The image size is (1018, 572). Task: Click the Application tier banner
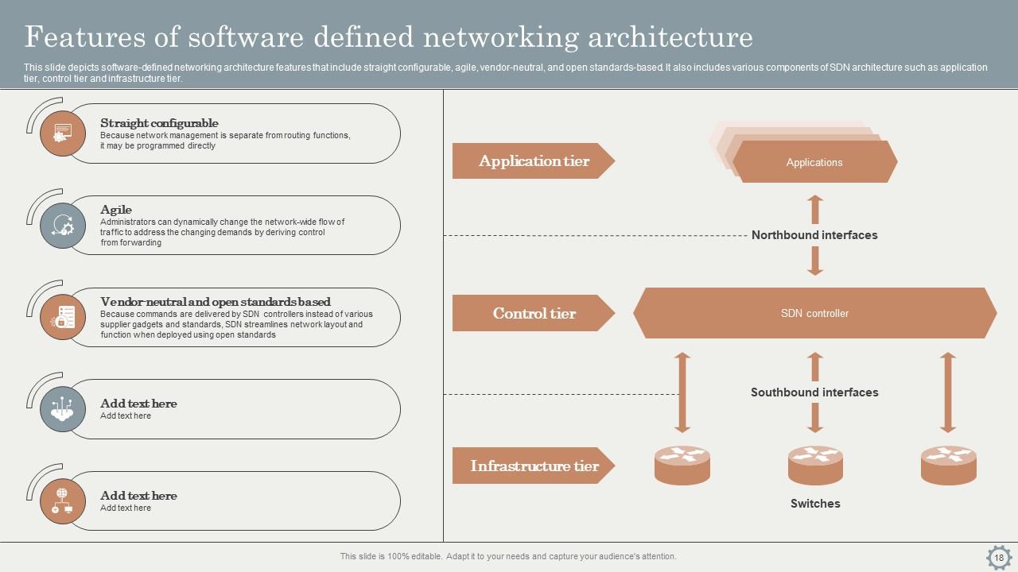(x=533, y=161)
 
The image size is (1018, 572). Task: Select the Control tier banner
(x=533, y=313)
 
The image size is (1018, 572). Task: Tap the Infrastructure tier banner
(x=533, y=466)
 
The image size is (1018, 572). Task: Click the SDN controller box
(x=814, y=313)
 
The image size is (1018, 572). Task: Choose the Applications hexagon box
(x=814, y=162)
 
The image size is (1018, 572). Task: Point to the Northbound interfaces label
(x=814, y=235)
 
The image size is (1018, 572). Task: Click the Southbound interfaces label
(x=814, y=392)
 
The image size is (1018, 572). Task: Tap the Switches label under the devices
(x=815, y=504)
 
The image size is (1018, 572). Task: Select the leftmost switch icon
(x=682, y=466)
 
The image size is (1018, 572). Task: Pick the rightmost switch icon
(x=948, y=466)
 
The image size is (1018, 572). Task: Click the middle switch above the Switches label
(x=815, y=466)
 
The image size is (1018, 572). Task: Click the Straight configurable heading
(x=159, y=123)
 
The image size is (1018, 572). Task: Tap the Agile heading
(x=116, y=210)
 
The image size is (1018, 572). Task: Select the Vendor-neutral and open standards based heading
(x=216, y=302)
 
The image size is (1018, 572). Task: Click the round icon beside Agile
(x=63, y=226)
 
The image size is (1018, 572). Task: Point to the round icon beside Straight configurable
(x=63, y=133)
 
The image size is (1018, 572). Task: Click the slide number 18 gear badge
(x=999, y=558)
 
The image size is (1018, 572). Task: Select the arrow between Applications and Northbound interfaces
(x=815, y=210)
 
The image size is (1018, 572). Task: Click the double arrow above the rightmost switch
(x=947, y=392)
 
